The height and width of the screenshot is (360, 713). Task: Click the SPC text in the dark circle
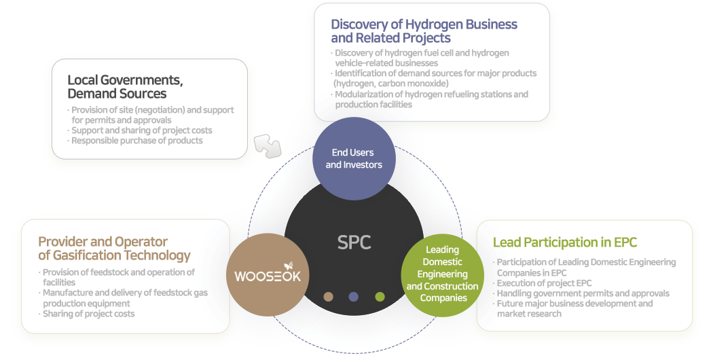[x=354, y=242]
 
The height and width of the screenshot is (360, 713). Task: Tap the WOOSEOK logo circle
[x=267, y=275]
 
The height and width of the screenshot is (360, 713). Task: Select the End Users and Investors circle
[x=354, y=159]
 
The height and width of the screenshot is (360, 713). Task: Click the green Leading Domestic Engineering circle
[x=442, y=274]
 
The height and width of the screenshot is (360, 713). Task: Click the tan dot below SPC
[x=328, y=296]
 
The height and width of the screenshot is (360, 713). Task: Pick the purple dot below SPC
[x=353, y=296]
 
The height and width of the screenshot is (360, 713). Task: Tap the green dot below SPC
[x=380, y=296]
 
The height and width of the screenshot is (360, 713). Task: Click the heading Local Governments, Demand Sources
[x=125, y=87]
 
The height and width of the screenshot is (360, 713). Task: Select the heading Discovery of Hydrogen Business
[x=424, y=31]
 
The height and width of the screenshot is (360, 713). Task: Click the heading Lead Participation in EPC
[x=564, y=242]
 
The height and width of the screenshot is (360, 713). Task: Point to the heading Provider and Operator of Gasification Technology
[x=114, y=249]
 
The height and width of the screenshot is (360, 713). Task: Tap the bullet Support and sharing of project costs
[x=141, y=130]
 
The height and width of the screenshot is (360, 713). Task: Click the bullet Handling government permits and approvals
[x=583, y=293]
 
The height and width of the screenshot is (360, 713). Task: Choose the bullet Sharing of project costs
[x=88, y=314]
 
